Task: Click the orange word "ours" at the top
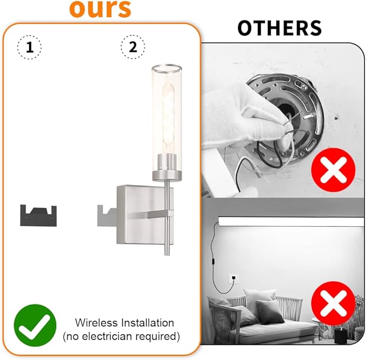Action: coord(101,9)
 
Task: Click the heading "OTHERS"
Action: coord(280,28)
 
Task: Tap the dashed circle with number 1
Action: coord(30,47)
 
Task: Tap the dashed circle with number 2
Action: coord(132,47)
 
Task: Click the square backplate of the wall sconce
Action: coord(137,210)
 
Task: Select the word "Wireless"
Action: coord(95,323)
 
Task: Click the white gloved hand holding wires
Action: coord(237,108)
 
